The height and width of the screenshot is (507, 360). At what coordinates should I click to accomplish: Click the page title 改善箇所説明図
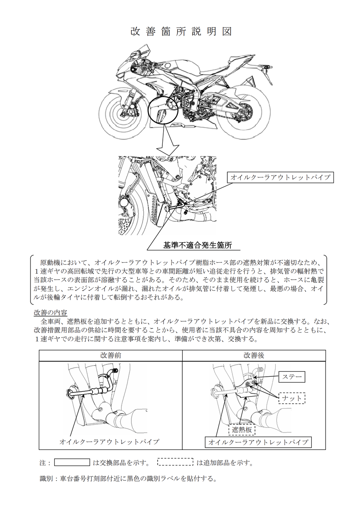pos(181,32)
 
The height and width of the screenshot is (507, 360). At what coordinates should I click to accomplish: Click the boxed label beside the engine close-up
pos(280,177)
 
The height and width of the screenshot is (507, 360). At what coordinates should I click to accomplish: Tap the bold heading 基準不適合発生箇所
pos(198,246)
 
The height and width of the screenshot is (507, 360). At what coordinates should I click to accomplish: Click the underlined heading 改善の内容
pos(51,313)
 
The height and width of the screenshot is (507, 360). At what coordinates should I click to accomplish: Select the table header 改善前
pos(110,356)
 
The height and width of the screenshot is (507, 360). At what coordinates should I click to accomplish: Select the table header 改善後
pos(254,356)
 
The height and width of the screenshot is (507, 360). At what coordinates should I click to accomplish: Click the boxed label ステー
pos(292,377)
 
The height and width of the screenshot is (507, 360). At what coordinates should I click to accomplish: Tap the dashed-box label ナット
pos(292,398)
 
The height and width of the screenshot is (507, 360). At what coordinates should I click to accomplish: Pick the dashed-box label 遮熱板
pos(242,430)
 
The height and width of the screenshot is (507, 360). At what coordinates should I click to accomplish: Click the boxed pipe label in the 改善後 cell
pos(258,442)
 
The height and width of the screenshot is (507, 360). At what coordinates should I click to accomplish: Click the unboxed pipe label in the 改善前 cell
pos(109,441)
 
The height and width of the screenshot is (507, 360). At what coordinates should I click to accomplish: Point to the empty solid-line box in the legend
pos(72,462)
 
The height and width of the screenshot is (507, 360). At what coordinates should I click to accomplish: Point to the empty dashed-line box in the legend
pos(175,462)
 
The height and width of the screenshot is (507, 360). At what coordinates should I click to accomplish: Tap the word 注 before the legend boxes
pos(43,463)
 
